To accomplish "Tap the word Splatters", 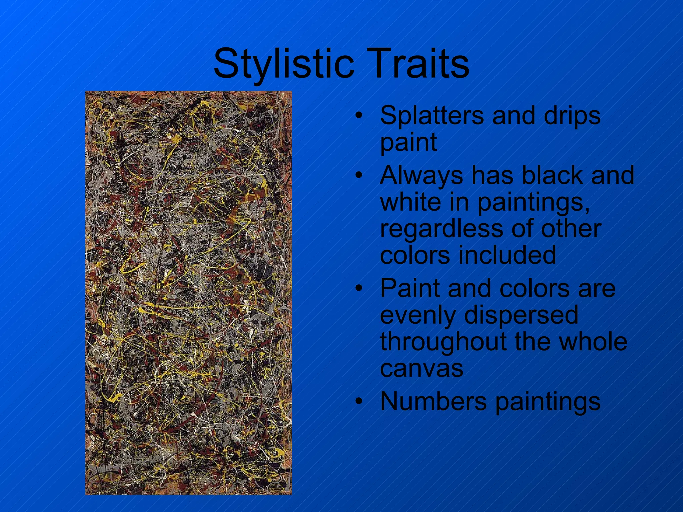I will click(432, 115).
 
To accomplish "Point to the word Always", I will click(421, 176).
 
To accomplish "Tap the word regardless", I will click(442, 229).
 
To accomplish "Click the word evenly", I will click(418, 315).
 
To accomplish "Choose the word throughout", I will click(443, 342).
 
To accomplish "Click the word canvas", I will click(422, 369).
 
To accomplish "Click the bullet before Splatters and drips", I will click(359, 116).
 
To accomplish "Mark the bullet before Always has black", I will click(359, 175).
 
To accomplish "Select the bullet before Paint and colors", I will click(359, 288).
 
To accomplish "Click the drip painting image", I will click(188, 293).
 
